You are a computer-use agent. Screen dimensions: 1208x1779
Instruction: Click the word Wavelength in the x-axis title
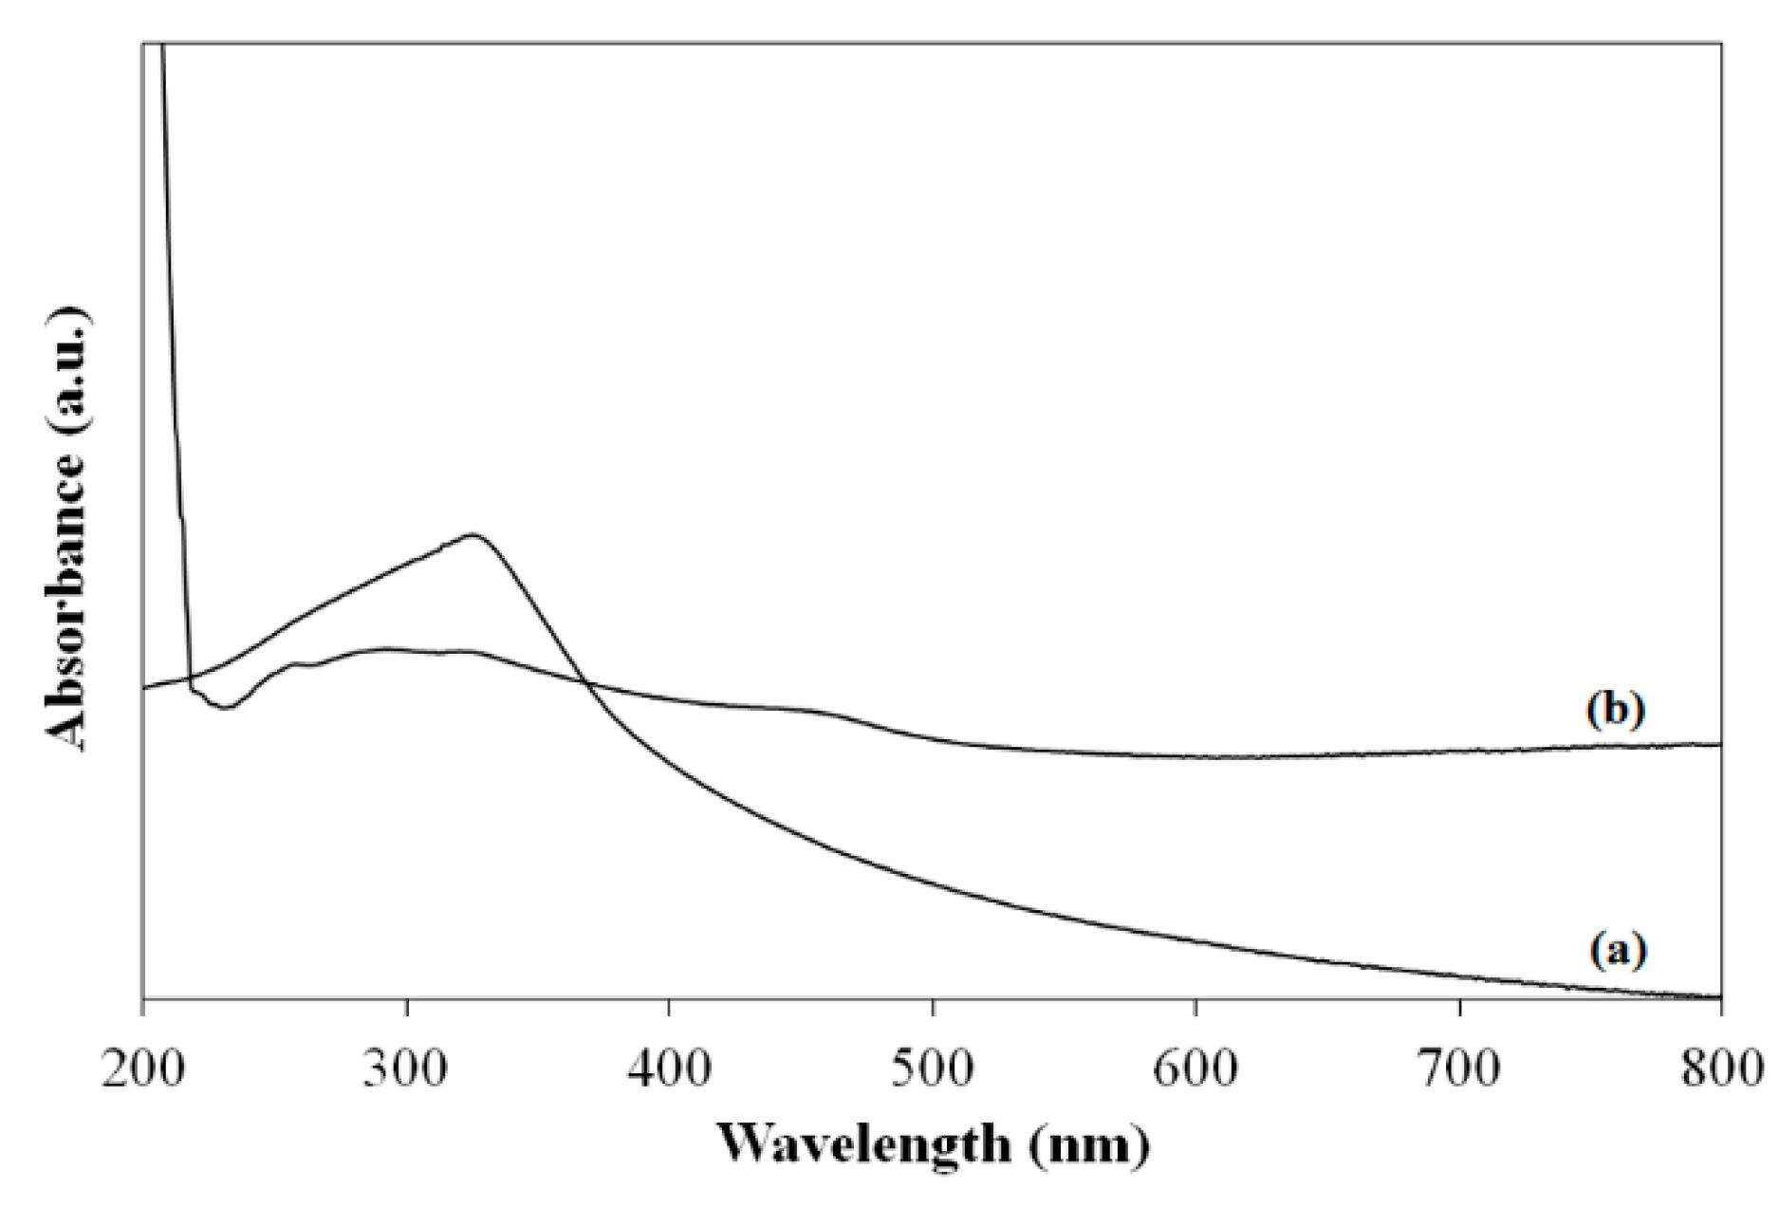point(862,1145)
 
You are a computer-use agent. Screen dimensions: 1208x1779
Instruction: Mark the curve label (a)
point(1618,949)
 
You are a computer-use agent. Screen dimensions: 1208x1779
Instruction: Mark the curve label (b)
point(1618,710)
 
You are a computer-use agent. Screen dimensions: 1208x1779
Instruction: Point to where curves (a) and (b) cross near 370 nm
point(585,681)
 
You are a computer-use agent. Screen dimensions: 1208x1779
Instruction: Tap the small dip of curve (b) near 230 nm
point(225,707)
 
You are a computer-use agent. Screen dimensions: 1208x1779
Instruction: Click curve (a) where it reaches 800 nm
point(1717,997)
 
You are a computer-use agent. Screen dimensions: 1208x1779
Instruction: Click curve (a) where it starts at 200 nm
point(145,687)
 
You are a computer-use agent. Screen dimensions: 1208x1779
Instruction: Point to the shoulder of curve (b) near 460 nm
point(816,712)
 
